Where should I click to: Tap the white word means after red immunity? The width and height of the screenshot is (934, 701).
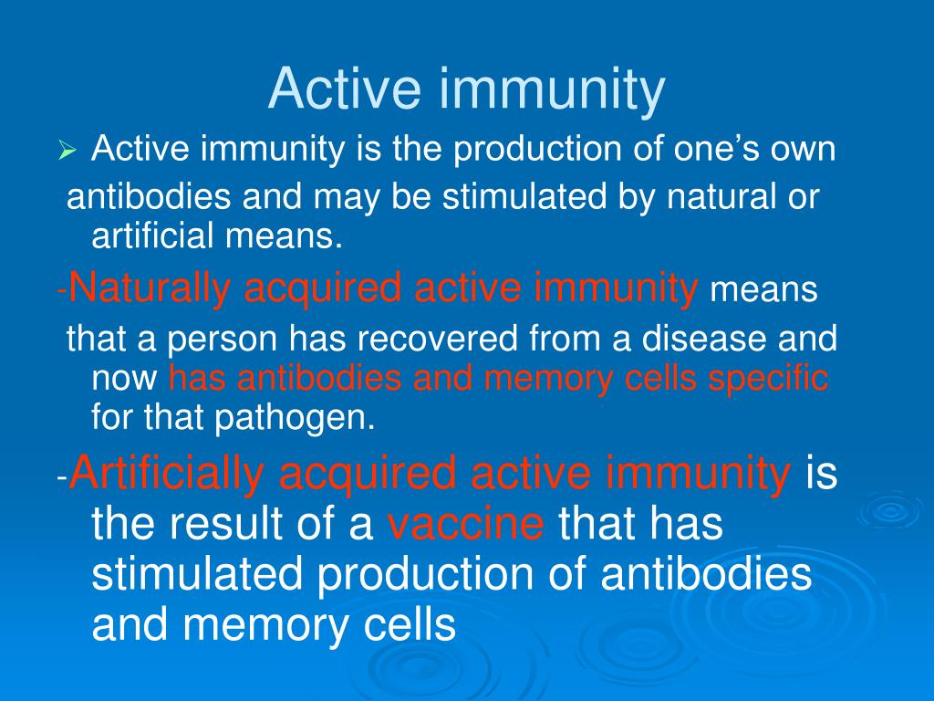pos(764,291)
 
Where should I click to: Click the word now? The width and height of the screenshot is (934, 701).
pos(126,378)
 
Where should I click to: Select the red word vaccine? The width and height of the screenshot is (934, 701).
pos(466,525)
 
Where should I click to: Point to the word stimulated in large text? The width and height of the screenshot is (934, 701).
pos(200,576)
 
